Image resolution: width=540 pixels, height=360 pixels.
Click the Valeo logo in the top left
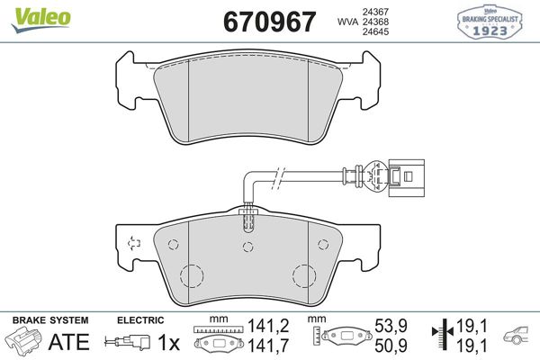click(30, 13)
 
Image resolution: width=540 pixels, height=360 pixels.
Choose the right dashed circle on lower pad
click(302, 276)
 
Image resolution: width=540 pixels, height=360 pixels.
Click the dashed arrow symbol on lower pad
click(134, 241)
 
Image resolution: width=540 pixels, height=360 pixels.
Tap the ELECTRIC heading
click(139, 320)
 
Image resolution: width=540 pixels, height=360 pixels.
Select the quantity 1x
click(168, 342)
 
